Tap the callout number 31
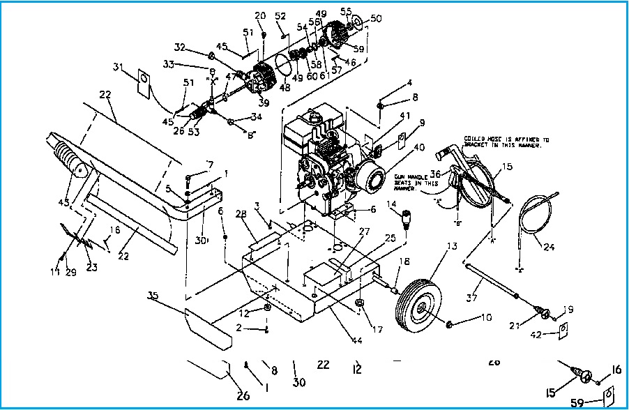click(117, 67)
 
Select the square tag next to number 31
click(142, 79)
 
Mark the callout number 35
click(154, 295)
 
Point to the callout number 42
click(536, 335)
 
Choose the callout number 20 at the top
click(261, 15)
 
